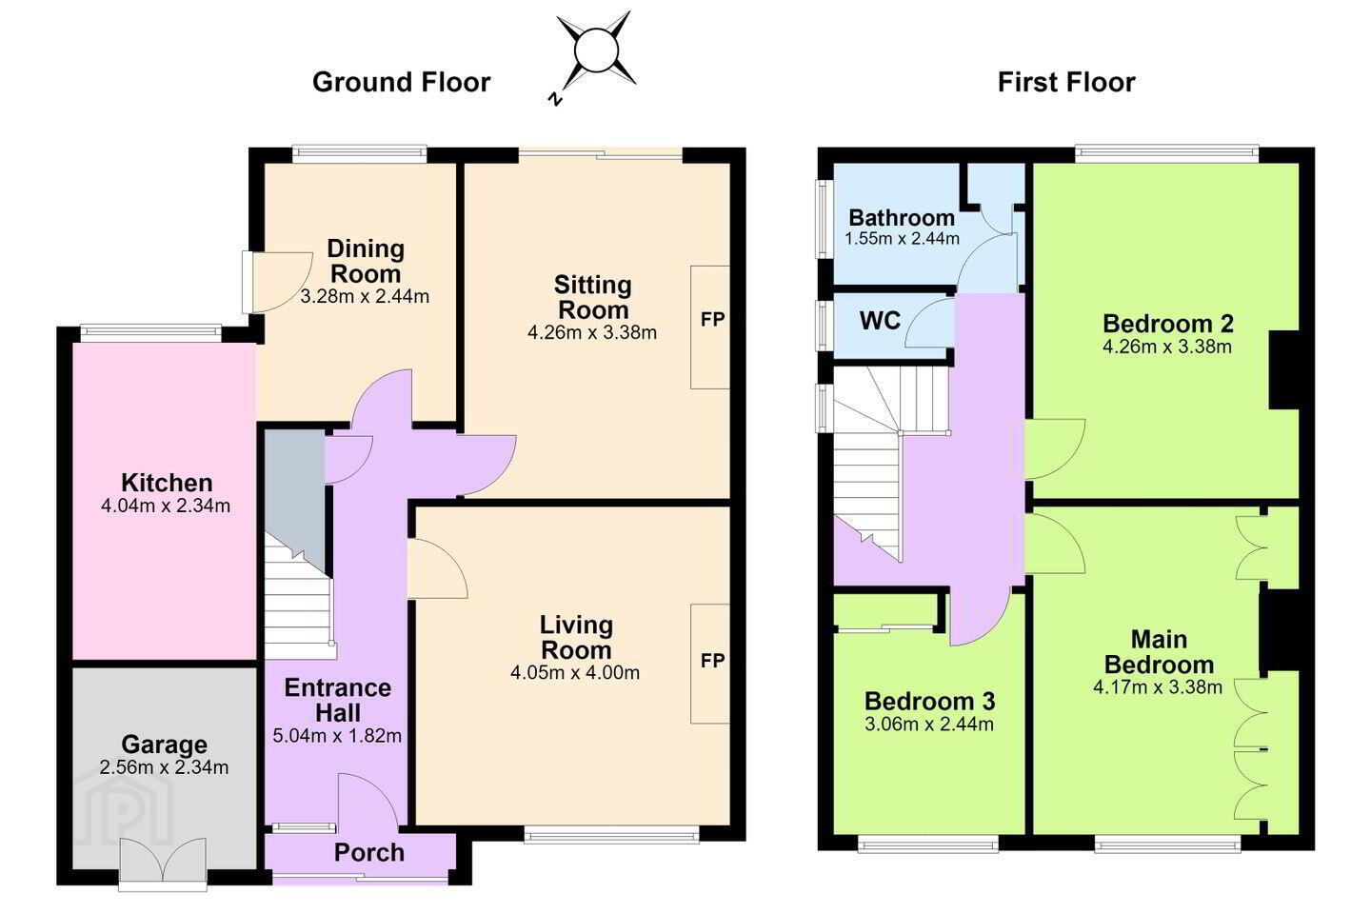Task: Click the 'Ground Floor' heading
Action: coord(401,82)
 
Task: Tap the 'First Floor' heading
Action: coord(1066,82)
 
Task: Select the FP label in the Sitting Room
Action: coord(712,319)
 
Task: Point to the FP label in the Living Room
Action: coord(712,661)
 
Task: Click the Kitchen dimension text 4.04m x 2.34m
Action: coord(166,507)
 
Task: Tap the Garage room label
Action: coord(164,745)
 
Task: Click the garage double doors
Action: coord(163,863)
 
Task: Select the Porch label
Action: coord(369,852)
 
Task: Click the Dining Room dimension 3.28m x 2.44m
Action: coord(365,297)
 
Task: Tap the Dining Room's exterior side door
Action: coord(275,282)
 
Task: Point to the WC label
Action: coord(880,320)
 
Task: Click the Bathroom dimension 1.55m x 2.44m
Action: coord(903,239)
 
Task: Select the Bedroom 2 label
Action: coord(1168,324)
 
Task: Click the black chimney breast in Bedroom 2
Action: coord(1284,370)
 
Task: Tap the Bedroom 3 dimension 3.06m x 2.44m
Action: coord(929,725)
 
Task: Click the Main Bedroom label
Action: coord(1160,652)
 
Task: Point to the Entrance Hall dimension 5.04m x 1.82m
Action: coord(337,735)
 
